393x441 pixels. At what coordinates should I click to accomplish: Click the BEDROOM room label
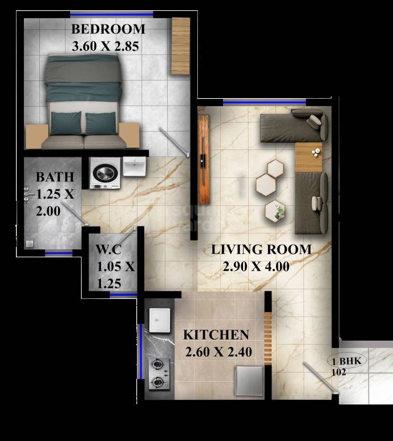108,29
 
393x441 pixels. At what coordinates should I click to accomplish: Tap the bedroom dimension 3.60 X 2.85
107,46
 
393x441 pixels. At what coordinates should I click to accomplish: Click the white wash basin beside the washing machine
135,166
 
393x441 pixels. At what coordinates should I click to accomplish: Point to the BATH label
54,176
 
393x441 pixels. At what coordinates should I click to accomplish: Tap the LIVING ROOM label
261,249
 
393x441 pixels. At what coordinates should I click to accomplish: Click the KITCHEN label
216,335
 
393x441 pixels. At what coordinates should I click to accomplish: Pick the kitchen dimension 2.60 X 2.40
218,352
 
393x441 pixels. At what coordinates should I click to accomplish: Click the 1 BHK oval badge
347,361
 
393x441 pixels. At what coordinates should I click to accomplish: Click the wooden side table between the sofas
309,156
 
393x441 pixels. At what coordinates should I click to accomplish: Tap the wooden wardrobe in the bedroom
180,46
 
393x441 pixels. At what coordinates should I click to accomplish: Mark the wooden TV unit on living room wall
203,155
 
